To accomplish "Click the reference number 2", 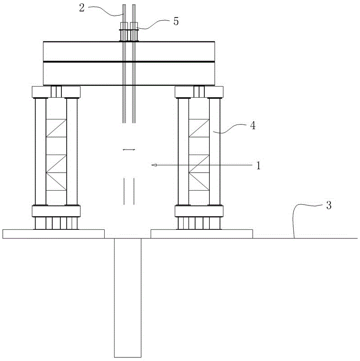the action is pos(82,8).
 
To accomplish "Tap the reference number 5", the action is pos(176,21).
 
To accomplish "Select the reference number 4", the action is pos(253,126).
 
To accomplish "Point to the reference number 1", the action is pos(258,165).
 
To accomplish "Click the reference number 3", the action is pos(329,205).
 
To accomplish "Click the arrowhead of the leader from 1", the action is pos(153,165).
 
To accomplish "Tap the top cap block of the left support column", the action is pos(56,92).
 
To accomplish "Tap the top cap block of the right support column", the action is pos(199,92).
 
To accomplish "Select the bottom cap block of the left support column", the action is pos(56,211).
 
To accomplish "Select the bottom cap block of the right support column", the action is pos(199,211).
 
